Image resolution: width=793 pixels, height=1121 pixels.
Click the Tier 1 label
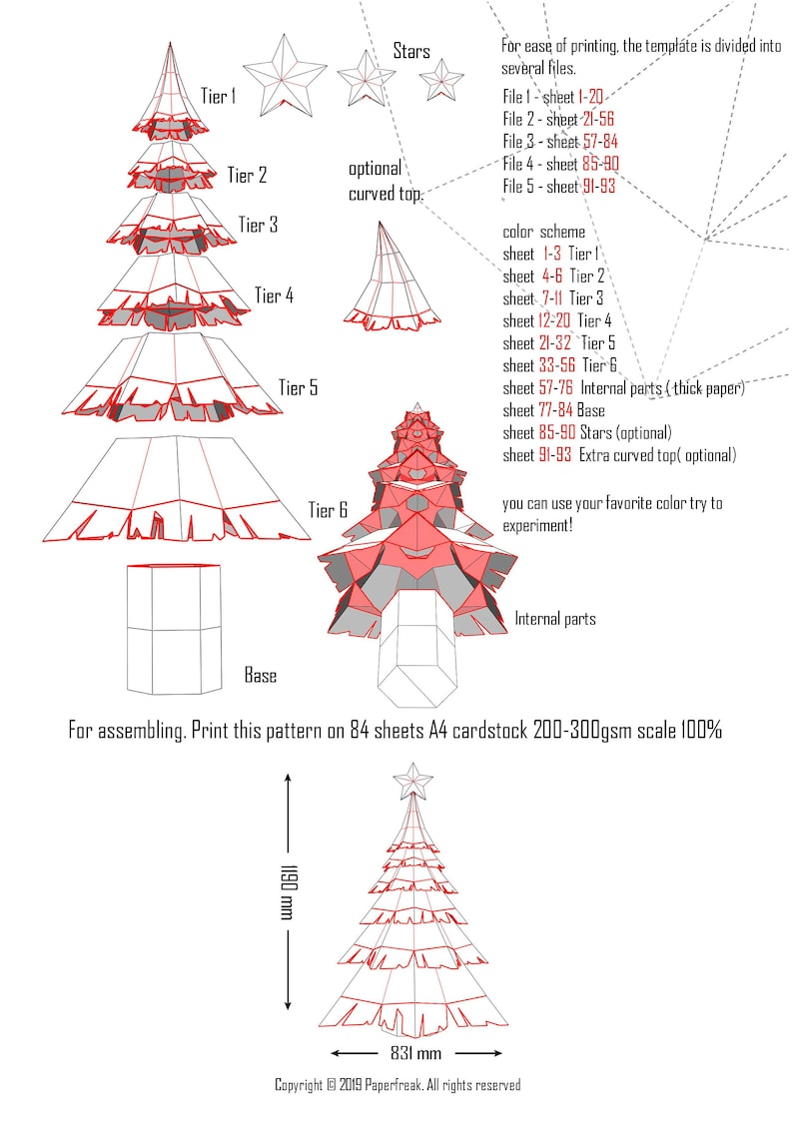[218, 97]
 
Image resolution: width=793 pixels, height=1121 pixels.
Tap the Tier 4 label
[274, 295]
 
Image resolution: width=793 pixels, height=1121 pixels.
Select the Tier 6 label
[328, 510]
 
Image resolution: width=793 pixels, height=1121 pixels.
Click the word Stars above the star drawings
[411, 50]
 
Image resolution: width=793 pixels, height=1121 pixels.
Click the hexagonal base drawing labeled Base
[174, 629]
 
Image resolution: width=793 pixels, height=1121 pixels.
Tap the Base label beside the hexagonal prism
[261, 676]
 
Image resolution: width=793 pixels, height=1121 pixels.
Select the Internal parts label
[554, 619]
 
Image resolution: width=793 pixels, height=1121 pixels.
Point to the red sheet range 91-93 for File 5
[596, 186]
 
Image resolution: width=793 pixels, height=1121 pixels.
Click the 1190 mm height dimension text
[289, 892]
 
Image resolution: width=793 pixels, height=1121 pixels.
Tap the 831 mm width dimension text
[415, 1053]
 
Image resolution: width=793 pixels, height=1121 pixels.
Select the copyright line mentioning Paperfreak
[397, 1085]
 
